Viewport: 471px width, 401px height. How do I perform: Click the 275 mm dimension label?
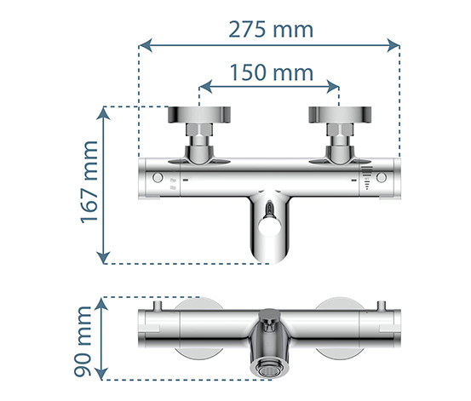point(271,30)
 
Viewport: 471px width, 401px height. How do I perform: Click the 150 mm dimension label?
point(272,72)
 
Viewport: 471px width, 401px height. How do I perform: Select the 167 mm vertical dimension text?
point(89,182)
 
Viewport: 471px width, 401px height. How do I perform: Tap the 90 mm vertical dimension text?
point(83,341)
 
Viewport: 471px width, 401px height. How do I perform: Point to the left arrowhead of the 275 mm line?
point(146,45)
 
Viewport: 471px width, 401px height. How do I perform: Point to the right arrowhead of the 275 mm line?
point(393,45)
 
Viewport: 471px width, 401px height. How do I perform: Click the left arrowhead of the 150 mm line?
point(206,87)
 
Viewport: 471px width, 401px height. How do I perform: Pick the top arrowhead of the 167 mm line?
point(103,113)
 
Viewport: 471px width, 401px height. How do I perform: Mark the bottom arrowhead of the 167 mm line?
point(103,257)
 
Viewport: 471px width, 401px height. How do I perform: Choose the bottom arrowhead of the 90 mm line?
point(101,374)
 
